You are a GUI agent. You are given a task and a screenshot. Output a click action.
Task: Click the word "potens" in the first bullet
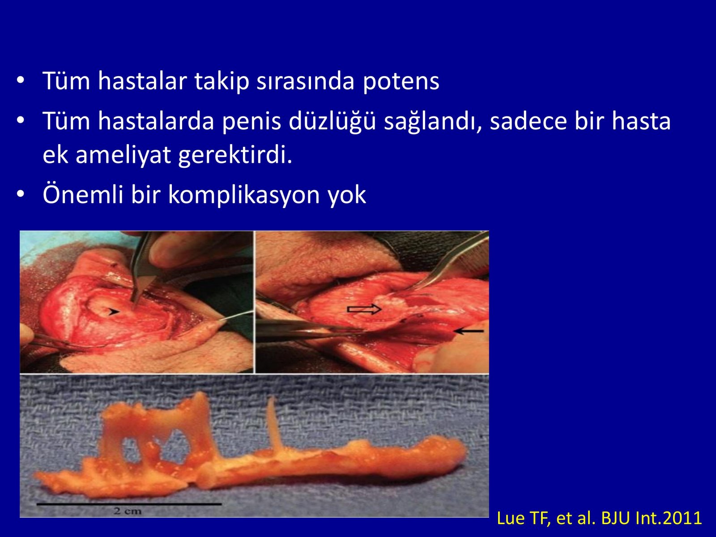point(401,81)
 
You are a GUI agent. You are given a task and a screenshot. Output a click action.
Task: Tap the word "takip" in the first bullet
point(222,81)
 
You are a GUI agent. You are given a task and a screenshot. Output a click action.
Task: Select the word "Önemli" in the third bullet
point(83,195)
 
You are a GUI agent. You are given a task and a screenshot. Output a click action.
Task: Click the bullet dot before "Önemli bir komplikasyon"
point(21,194)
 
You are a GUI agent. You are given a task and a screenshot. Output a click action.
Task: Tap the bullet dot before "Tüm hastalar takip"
point(21,80)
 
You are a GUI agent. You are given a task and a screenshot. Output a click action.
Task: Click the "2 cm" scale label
point(128,511)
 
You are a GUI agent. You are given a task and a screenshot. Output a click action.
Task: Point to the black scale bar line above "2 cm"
point(129,504)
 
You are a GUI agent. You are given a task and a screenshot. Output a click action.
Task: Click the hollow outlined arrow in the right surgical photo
point(364,309)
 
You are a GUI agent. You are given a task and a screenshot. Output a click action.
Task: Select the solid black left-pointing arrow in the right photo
point(469,331)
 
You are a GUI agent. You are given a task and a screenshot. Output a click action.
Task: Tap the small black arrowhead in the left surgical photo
point(114,312)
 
